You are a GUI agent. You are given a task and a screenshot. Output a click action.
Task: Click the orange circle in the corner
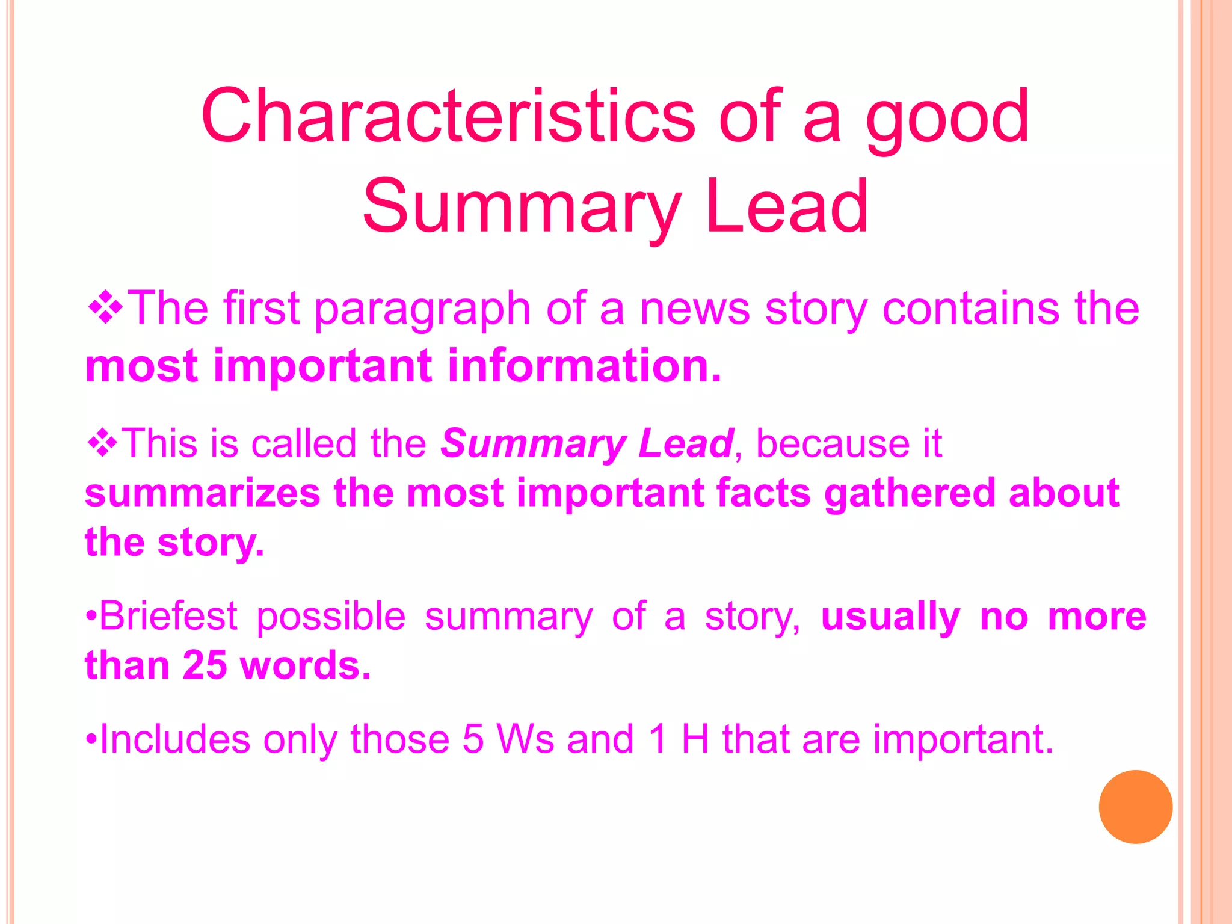coord(1135,807)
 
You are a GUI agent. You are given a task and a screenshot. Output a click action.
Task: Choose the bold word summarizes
coord(202,493)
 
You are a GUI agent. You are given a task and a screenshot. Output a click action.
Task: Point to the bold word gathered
coord(910,494)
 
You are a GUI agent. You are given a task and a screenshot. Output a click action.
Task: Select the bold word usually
coord(890,617)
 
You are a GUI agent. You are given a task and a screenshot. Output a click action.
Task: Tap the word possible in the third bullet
coord(331,617)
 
